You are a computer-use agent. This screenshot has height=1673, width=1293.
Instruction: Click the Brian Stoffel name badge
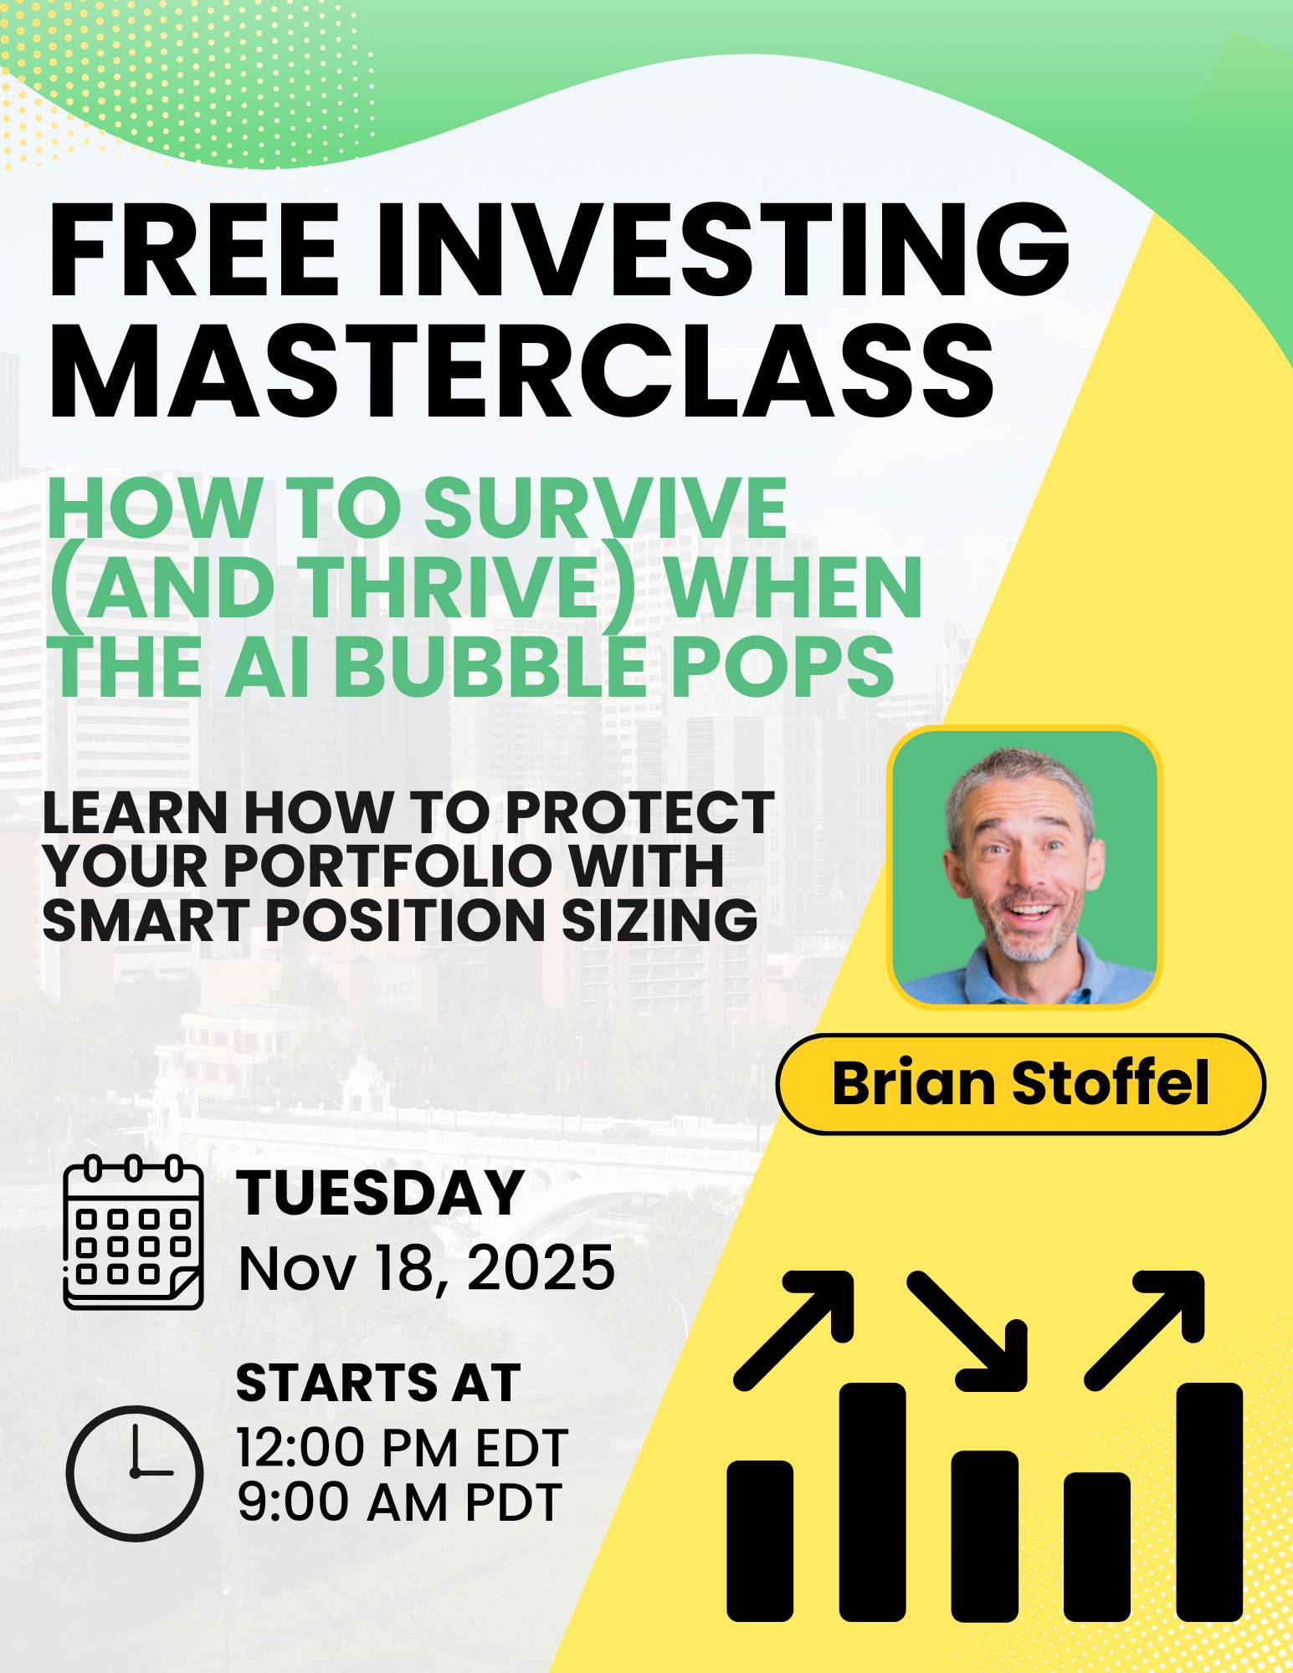tap(1020, 1083)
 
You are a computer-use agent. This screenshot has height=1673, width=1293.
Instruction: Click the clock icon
tap(134, 1472)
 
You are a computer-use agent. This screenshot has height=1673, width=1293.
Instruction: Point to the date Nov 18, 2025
tap(427, 1267)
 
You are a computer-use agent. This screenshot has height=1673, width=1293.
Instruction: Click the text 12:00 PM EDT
tap(403, 1449)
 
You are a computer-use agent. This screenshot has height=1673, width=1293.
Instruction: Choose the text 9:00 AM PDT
tap(399, 1502)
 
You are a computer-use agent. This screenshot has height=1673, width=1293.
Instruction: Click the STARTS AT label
tap(378, 1382)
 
